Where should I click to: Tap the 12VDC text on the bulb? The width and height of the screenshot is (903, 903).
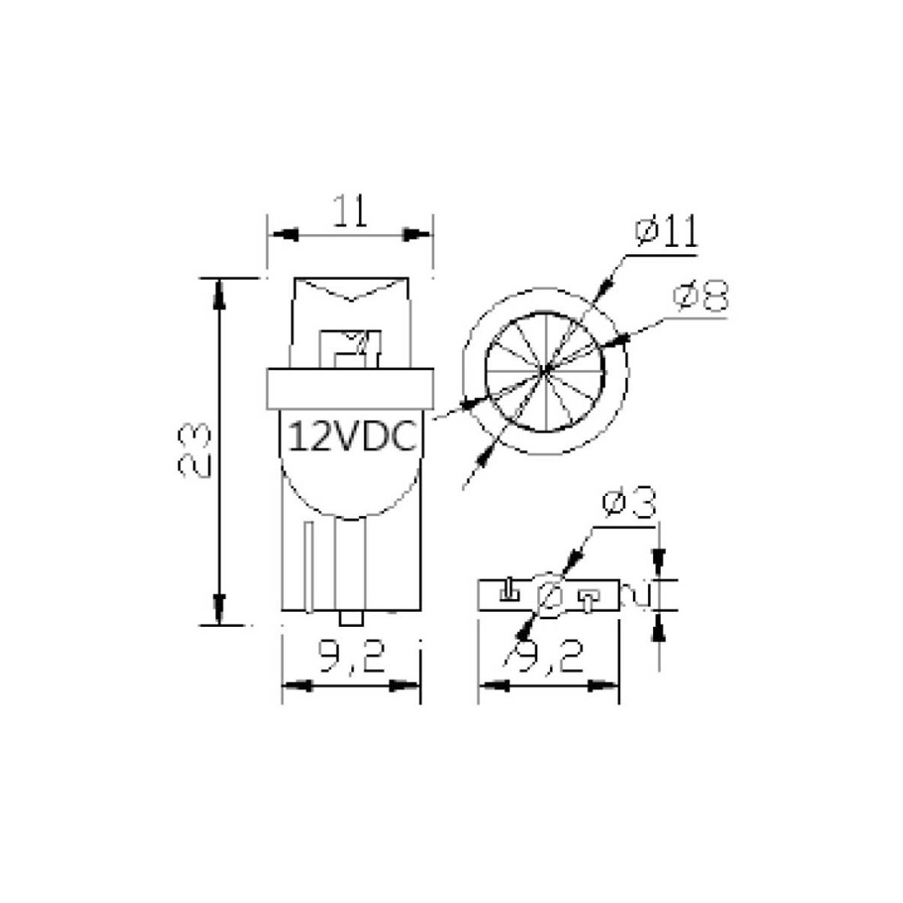(x=353, y=436)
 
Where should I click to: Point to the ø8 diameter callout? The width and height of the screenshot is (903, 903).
(x=701, y=296)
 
